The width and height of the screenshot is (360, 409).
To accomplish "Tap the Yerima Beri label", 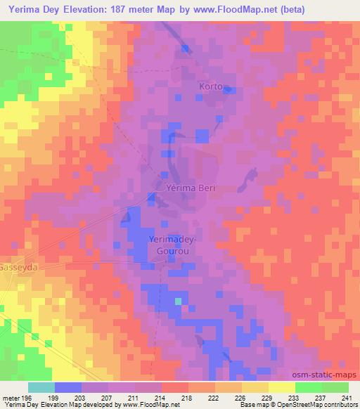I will click(189, 188).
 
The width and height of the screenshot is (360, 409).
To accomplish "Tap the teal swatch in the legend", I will click(41, 387).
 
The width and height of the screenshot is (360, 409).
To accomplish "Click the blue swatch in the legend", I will click(67, 387).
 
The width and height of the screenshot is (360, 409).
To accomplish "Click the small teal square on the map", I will click(179, 301).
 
